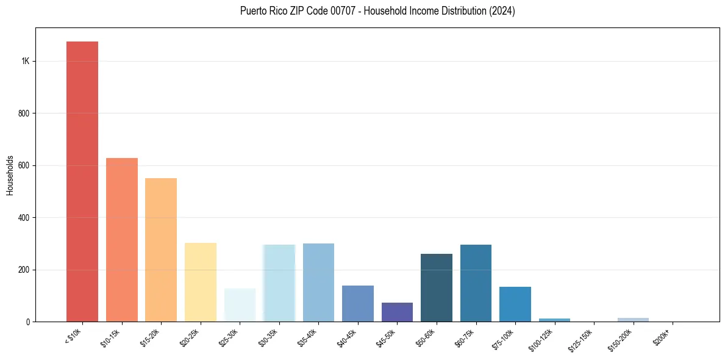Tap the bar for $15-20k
(161, 250)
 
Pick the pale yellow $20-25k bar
(201, 282)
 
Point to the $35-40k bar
(318, 283)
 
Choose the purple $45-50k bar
(397, 312)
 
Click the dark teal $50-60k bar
(437, 287)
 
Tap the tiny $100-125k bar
(554, 319)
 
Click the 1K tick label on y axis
(26, 61)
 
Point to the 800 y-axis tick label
(24, 113)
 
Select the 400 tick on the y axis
(24, 218)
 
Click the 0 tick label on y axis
(28, 322)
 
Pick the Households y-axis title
(10, 175)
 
